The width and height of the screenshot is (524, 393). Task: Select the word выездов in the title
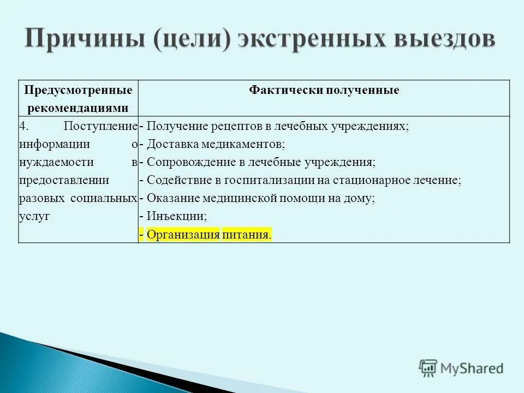coord(442,41)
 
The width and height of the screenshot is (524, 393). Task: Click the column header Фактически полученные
coord(324,90)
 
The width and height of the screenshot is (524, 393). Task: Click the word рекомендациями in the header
coord(78,108)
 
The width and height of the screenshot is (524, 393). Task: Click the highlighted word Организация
coord(183,235)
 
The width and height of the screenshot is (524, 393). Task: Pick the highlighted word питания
coord(246,235)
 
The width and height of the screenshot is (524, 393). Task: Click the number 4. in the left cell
coord(23,126)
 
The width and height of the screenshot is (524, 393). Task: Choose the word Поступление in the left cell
coord(99,126)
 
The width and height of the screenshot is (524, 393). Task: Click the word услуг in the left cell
coord(34,217)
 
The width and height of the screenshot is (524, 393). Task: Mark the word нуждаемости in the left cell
coord(55,162)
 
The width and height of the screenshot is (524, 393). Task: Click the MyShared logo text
coord(472,368)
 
